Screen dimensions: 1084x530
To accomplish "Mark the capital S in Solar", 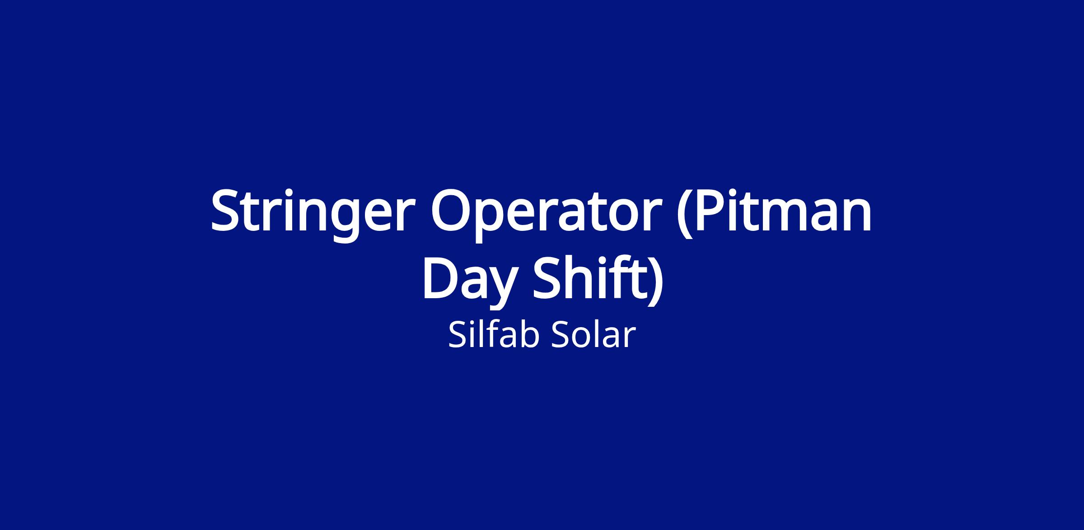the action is [561, 335].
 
